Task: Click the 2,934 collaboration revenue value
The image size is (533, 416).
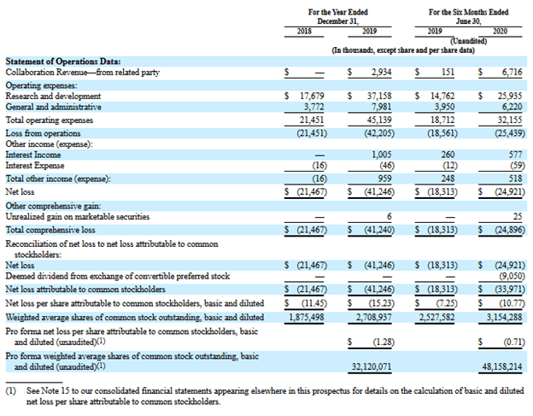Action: coord(381,73)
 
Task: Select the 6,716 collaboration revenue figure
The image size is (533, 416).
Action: coord(512,73)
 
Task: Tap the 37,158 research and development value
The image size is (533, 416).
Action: coord(379,97)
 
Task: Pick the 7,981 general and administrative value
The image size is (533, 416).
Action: coord(382,107)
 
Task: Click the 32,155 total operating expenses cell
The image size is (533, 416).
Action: coord(510,120)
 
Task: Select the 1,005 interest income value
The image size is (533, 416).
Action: coord(382,155)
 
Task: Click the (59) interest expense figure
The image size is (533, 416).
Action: coord(518,166)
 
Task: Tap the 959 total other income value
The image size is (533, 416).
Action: coord(384,179)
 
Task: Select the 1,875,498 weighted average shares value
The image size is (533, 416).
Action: coord(307,318)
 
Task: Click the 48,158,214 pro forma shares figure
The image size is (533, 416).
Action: coord(502,367)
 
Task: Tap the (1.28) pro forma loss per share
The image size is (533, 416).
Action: coord(384,342)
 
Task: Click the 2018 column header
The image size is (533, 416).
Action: coord(304,32)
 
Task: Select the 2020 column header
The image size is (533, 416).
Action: coord(500,32)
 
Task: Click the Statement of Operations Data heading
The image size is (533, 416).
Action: coord(63,62)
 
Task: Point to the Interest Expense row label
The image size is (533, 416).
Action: coord(35,166)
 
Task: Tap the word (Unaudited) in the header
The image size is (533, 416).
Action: coord(468,41)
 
